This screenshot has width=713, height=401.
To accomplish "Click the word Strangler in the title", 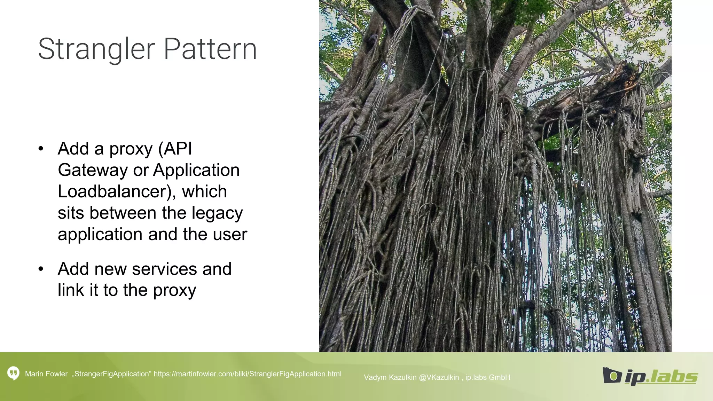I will click(96, 49).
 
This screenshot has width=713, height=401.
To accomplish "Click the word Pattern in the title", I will click(210, 49).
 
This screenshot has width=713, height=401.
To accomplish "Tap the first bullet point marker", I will click(41, 149).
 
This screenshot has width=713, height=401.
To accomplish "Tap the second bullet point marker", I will click(41, 269).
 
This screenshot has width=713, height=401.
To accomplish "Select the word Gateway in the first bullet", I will click(93, 170).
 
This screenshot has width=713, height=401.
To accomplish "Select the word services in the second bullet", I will click(164, 269).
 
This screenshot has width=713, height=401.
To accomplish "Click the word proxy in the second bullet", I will click(174, 290).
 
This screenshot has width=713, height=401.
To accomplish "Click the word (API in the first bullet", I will click(175, 149).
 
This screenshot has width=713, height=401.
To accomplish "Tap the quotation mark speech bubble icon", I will click(13, 374).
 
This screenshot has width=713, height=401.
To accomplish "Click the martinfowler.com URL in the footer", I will click(247, 374).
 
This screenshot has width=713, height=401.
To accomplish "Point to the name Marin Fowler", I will click(46, 374).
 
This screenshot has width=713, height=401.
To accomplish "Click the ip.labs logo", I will click(650, 376).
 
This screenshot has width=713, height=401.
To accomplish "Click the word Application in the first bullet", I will click(196, 170).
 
